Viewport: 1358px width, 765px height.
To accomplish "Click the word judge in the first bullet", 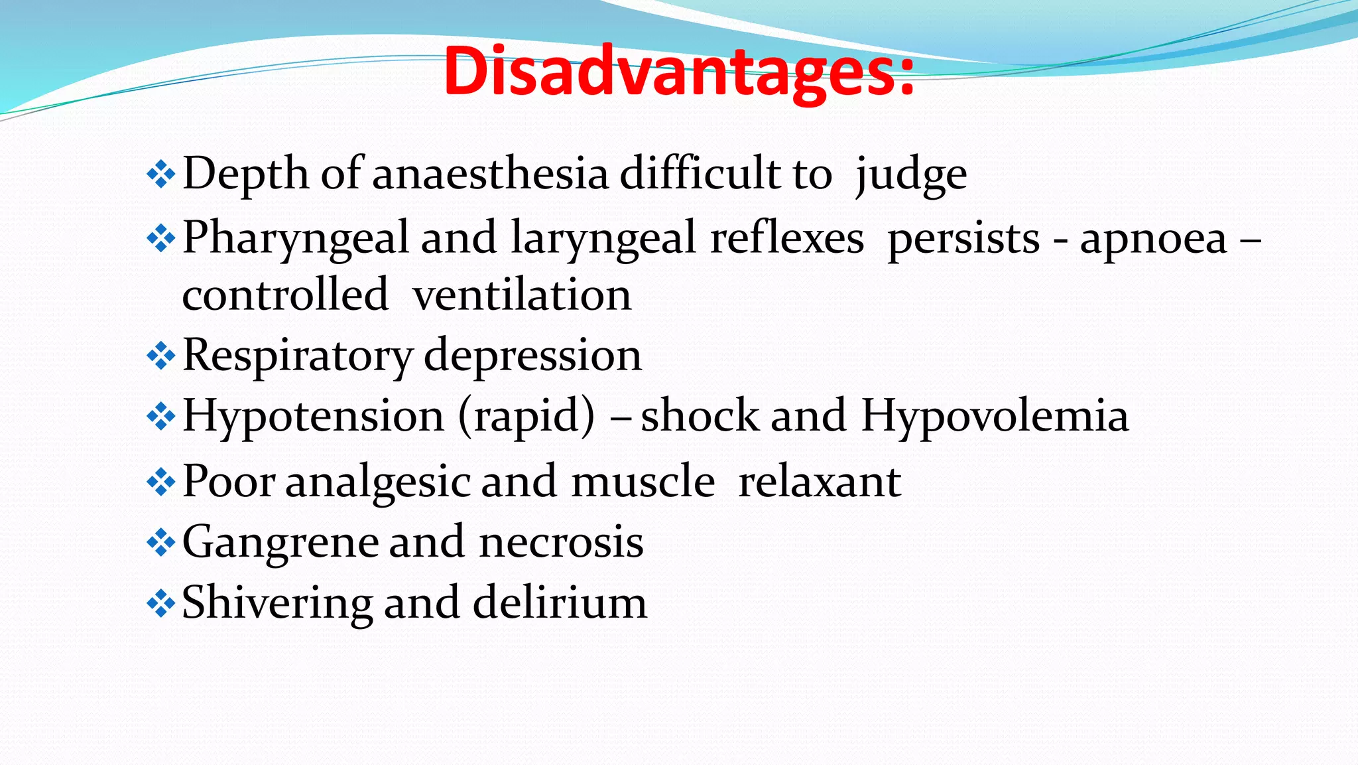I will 911,174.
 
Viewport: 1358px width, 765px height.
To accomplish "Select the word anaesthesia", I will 490,173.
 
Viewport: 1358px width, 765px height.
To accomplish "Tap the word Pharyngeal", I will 295,238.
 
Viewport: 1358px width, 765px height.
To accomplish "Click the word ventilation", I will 522,295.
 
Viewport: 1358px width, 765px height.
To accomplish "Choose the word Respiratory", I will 296,355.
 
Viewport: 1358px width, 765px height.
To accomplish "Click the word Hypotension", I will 313,416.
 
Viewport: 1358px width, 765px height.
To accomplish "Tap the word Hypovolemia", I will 995,416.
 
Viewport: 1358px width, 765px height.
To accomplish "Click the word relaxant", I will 820,481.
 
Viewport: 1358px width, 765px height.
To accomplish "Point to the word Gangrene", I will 280,542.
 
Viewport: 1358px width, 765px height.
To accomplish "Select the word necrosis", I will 561,542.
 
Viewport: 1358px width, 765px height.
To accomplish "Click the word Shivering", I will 277,602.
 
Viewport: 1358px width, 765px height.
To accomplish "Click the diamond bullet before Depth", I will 160,175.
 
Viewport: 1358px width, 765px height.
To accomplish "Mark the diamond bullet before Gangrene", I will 160,543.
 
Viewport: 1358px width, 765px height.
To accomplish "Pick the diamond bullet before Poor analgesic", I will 160,482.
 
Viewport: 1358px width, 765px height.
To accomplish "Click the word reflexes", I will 787,238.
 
